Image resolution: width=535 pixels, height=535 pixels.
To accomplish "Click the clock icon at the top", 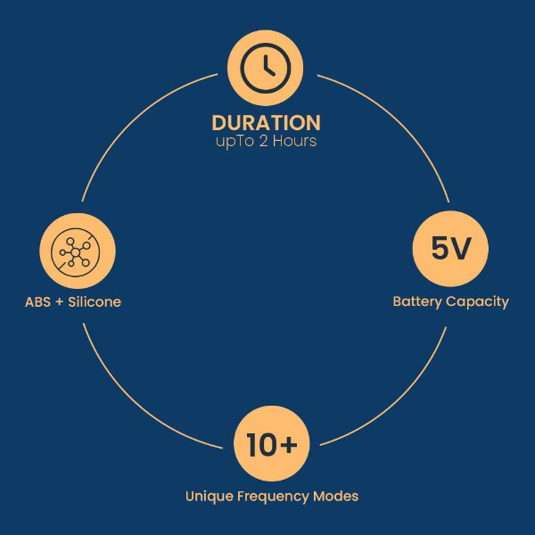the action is (266, 68).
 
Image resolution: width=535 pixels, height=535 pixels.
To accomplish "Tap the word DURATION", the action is (266, 123).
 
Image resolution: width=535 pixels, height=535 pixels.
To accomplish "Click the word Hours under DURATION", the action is (294, 141).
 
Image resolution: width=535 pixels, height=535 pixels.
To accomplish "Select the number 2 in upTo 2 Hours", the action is (263, 141).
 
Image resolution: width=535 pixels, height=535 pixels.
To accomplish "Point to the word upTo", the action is (235, 142).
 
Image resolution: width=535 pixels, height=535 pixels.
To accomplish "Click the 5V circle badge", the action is (450, 249).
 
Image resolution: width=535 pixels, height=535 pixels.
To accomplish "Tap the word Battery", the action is (417, 302).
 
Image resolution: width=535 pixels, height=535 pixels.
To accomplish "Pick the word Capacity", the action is (477, 302).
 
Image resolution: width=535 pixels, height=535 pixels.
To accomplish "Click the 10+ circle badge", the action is (272, 443).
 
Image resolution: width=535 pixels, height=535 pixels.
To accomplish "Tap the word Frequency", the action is (273, 497).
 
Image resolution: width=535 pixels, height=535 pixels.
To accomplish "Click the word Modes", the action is (336, 496).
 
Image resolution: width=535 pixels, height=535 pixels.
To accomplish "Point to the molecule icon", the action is (76, 252).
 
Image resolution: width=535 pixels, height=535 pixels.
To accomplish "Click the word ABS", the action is (37, 302).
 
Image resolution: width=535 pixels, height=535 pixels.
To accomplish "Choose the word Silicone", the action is (95, 302).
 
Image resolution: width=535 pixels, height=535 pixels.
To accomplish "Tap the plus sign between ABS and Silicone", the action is (60, 302).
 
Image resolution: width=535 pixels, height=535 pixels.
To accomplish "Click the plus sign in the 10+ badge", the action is (290, 444).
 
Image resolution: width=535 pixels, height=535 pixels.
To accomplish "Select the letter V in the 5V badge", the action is (460, 248).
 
